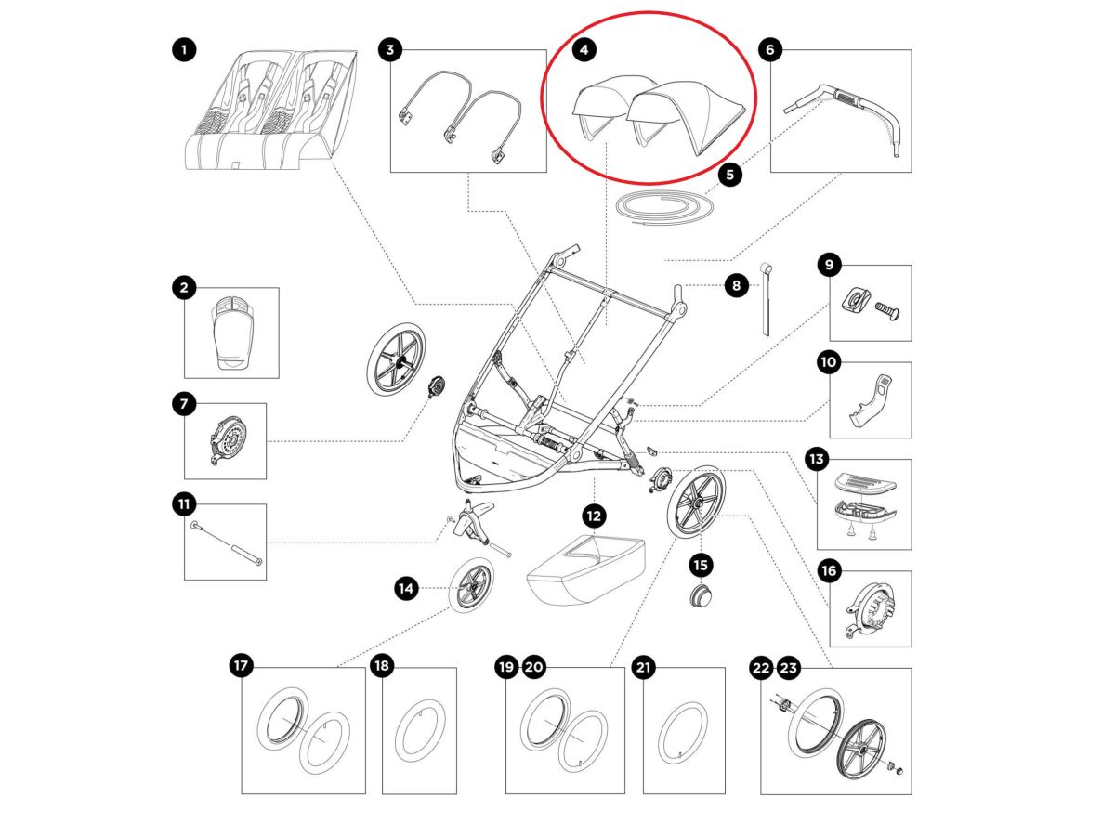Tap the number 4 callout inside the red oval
pos(584,49)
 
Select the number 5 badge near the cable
pos(730,173)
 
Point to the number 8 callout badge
pos(736,286)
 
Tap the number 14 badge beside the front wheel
pos(405,587)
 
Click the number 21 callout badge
pos(644,666)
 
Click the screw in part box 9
pos(885,306)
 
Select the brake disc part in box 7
pos(227,440)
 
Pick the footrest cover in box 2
pos(232,333)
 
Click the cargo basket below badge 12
pos(584,569)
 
